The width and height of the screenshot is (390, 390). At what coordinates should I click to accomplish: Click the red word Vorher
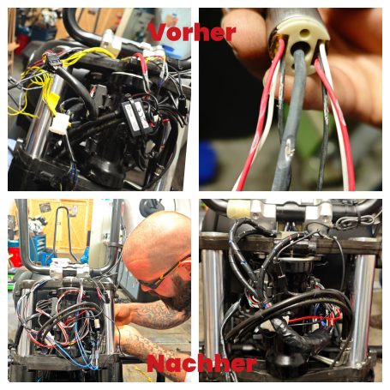coord(192,33)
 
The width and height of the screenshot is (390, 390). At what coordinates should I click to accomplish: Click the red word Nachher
coord(201,363)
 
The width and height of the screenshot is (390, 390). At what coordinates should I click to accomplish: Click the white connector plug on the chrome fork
coord(60,123)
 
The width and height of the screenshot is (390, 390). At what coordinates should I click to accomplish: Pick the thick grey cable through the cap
coord(289,120)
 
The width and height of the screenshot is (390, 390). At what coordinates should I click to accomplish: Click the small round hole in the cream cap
coord(304,33)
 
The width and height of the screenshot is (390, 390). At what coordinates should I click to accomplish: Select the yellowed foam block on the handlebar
coord(239,209)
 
